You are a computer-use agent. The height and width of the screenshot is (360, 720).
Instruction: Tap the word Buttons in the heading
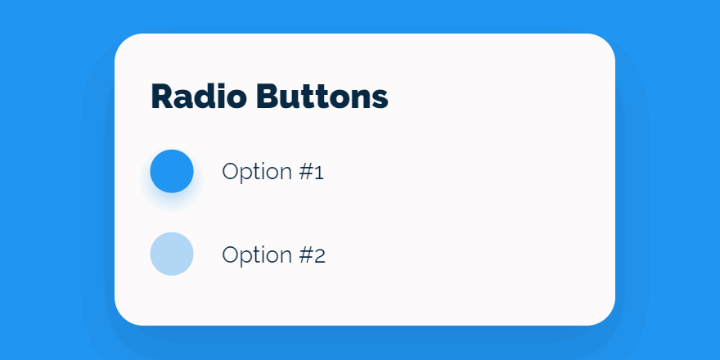(x=322, y=97)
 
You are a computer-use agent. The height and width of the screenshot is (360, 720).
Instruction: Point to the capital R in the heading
(x=162, y=97)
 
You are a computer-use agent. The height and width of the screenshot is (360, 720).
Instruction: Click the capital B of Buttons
(x=268, y=97)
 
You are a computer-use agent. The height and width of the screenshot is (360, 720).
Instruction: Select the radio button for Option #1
(x=172, y=171)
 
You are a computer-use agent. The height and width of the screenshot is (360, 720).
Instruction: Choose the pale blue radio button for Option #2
(x=172, y=254)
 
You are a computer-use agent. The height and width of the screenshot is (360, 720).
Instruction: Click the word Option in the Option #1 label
(x=257, y=173)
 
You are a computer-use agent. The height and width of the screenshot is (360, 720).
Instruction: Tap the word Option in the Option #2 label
(x=257, y=255)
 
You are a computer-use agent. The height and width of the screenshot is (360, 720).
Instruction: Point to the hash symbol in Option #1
(x=307, y=172)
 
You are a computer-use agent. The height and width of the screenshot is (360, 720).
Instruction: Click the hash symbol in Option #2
(x=307, y=254)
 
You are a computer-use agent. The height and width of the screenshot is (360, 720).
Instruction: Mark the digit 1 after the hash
(x=320, y=173)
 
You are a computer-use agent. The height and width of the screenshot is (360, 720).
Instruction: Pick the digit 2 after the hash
(x=320, y=255)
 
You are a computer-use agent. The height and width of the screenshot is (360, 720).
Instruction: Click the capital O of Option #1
(x=231, y=172)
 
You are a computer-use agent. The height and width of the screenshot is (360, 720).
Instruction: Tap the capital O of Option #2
(x=231, y=254)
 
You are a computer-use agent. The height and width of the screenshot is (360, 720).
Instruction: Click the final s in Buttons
(x=380, y=100)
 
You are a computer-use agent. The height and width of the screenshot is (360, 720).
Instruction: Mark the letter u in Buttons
(x=290, y=100)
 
